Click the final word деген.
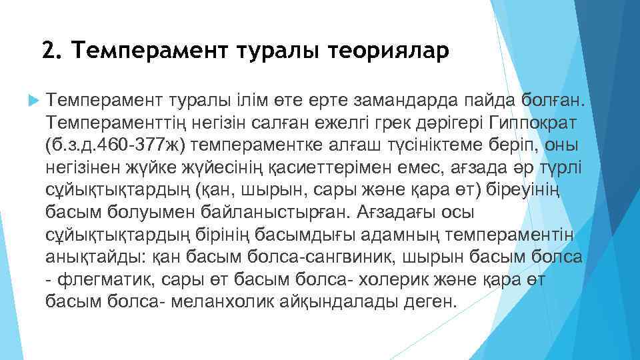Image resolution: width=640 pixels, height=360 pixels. pos(432,300)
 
